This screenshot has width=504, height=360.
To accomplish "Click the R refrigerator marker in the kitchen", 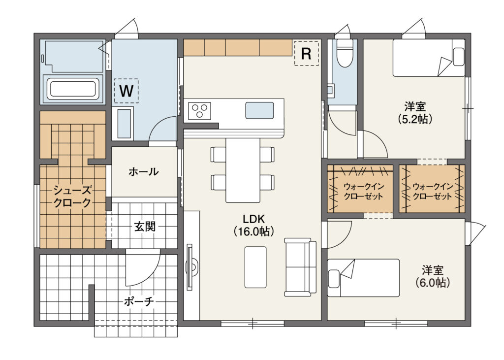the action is click(x=306, y=53).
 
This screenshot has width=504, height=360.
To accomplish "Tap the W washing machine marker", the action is click(x=126, y=91).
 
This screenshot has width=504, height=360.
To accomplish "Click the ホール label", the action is click(x=144, y=171).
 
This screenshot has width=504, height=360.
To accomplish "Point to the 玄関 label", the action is click(x=145, y=227).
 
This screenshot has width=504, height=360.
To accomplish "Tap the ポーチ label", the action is click(x=139, y=301).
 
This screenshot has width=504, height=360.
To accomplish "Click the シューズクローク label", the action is click(x=72, y=196).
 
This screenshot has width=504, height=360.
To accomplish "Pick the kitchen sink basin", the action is click(x=260, y=110).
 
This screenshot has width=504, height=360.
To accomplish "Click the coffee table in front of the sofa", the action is click(x=255, y=267).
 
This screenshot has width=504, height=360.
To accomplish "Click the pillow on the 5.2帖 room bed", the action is click(x=458, y=57).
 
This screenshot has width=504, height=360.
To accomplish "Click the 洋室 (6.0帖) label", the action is click(x=432, y=276).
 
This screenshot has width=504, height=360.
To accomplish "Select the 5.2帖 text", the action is click(x=414, y=119).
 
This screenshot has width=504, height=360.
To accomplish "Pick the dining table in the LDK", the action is click(x=243, y=170).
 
